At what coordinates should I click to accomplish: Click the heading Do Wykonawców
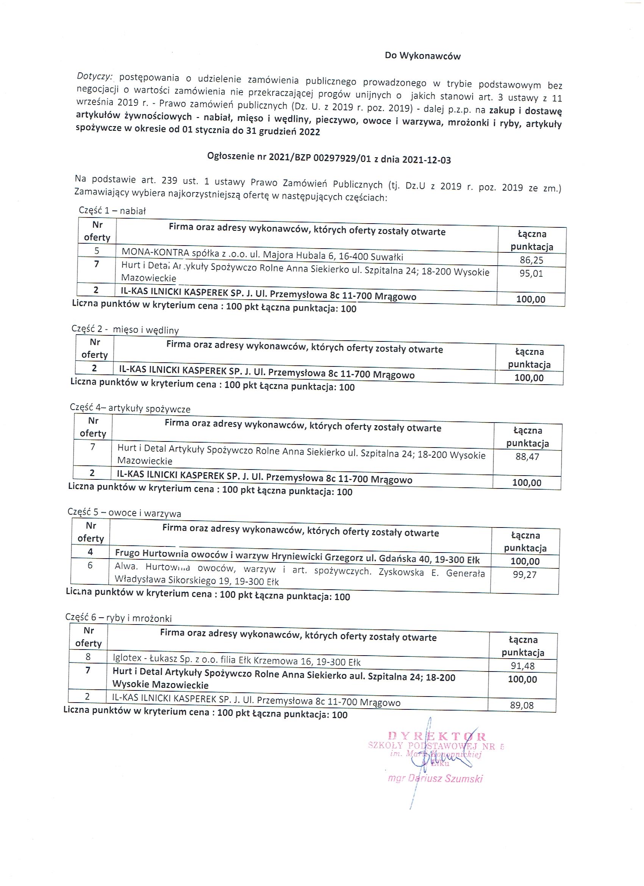tap(422, 56)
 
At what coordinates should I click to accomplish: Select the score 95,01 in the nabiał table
tap(531, 273)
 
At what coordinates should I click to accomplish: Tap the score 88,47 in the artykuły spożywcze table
tap(527, 456)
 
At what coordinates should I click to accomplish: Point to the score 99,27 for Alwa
tap(525, 574)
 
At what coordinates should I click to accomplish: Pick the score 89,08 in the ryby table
tap(522, 705)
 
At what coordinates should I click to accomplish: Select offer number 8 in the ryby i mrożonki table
tap(88, 657)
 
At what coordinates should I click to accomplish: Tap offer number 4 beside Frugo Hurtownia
tap(91, 552)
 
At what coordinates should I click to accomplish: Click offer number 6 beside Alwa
tap(90, 565)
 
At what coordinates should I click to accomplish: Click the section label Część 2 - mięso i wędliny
tap(125, 329)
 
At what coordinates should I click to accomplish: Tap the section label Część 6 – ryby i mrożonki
tap(118, 618)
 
